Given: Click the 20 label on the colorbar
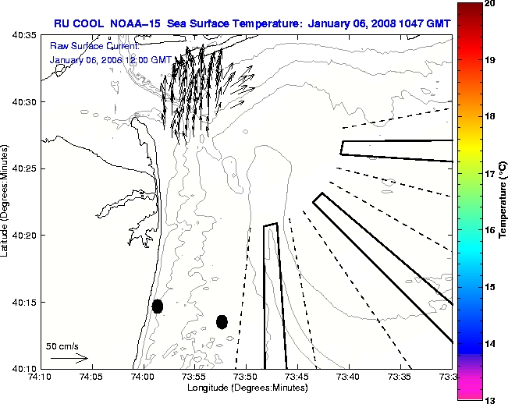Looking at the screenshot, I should click(x=490, y=5).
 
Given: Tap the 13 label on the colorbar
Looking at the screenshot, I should click(x=490, y=400).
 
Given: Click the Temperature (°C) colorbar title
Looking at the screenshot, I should click(x=503, y=202).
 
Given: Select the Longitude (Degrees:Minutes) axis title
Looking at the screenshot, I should click(x=246, y=388).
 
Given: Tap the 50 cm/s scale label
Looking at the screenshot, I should click(x=62, y=346).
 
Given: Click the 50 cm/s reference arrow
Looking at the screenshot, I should click(x=69, y=358).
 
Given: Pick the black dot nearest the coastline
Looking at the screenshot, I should click(x=158, y=306).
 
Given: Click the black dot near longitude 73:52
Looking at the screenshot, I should click(x=222, y=321).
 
